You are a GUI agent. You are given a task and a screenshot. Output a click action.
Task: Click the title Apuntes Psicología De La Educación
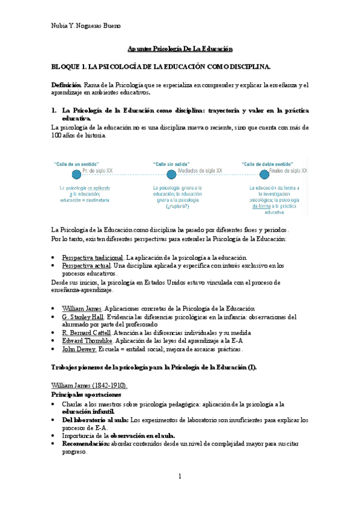click(x=180, y=49)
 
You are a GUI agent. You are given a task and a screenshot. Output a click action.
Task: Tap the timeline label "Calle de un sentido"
click(x=77, y=164)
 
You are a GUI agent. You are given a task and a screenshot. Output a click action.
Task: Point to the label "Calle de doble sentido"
click(x=267, y=164)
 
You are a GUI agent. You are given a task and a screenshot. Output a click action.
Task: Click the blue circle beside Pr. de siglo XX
click(x=76, y=174)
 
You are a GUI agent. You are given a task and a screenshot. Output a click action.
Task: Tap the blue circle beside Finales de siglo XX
click(x=264, y=174)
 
